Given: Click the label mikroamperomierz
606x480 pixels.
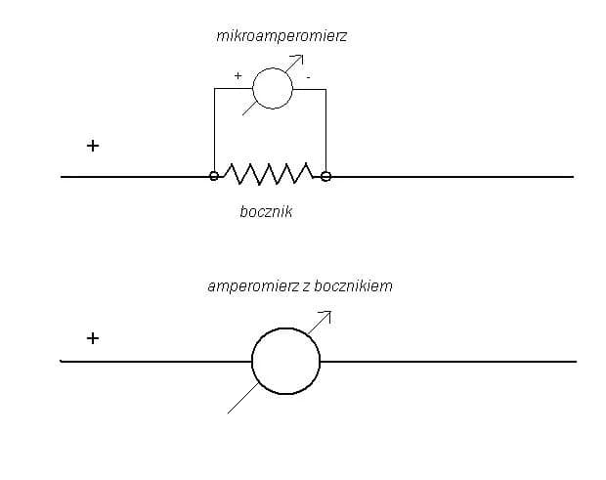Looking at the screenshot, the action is pyautogui.click(x=281, y=36).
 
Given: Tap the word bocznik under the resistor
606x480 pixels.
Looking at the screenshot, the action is pyautogui.click(x=266, y=212).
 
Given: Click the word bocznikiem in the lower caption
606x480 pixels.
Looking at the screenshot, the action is pyautogui.click(x=353, y=286).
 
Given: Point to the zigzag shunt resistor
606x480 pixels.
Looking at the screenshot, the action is pyautogui.click(x=269, y=174).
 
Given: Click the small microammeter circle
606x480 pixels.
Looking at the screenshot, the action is pyautogui.click(x=273, y=89).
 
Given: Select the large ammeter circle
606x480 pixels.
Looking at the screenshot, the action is pyautogui.click(x=286, y=361).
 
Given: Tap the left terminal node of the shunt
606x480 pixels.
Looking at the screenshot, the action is pyautogui.click(x=214, y=176).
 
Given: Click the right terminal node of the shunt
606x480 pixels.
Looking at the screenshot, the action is pyautogui.click(x=326, y=176).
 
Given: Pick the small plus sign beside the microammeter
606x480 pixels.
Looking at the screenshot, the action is pyautogui.click(x=238, y=75).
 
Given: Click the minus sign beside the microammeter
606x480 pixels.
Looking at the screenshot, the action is pyautogui.click(x=308, y=77).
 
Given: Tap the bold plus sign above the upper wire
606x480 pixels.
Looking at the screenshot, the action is pyautogui.click(x=93, y=146).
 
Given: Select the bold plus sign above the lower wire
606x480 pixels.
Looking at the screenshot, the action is pyautogui.click(x=93, y=338).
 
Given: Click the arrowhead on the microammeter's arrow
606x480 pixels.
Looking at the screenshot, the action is pyautogui.click(x=300, y=58).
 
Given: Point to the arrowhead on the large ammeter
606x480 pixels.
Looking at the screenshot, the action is pyautogui.click(x=327, y=314).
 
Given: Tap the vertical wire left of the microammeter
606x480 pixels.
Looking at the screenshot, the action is pyautogui.click(x=214, y=130).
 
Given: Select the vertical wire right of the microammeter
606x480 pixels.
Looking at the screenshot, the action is pyautogui.click(x=325, y=131).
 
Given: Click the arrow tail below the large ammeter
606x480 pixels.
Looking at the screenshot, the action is pyautogui.click(x=243, y=398).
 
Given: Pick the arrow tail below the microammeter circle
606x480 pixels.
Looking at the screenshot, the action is pyautogui.click(x=249, y=109).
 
